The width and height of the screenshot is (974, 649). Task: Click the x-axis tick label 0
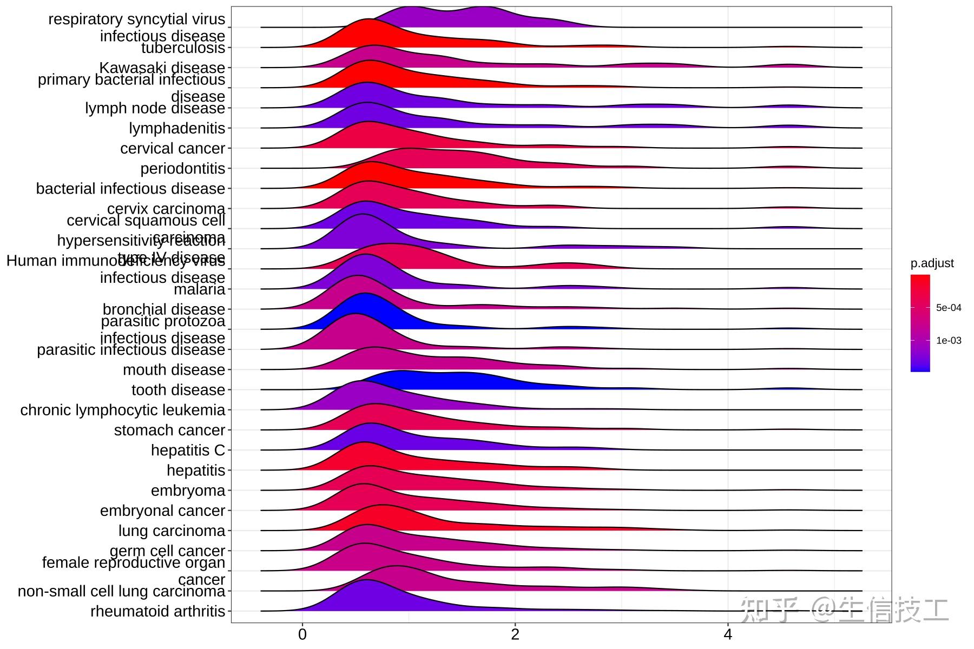(x=302, y=634)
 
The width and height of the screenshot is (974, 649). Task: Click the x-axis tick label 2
(x=515, y=634)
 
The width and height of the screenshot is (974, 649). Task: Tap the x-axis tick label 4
(x=728, y=634)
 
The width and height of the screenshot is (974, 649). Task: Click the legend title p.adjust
(x=932, y=263)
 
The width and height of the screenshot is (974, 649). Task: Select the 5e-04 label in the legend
(x=949, y=308)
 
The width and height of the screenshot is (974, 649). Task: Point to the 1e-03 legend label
(x=949, y=340)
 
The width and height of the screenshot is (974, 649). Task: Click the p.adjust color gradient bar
(x=920, y=323)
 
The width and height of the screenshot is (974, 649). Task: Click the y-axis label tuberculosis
(x=183, y=48)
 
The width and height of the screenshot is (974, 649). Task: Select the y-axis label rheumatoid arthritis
(x=157, y=612)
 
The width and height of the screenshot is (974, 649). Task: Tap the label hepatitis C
(x=187, y=451)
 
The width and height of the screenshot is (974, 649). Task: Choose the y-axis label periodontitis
(x=182, y=169)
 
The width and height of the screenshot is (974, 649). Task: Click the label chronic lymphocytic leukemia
(x=122, y=410)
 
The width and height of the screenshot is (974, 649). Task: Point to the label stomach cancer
(x=169, y=431)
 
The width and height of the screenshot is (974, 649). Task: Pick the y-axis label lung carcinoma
(x=172, y=531)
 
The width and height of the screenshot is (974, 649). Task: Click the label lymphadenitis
(x=176, y=129)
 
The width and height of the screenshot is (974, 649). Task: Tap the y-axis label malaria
(x=199, y=289)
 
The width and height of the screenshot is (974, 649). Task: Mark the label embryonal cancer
(x=162, y=511)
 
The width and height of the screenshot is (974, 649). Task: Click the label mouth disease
(x=174, y=370)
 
